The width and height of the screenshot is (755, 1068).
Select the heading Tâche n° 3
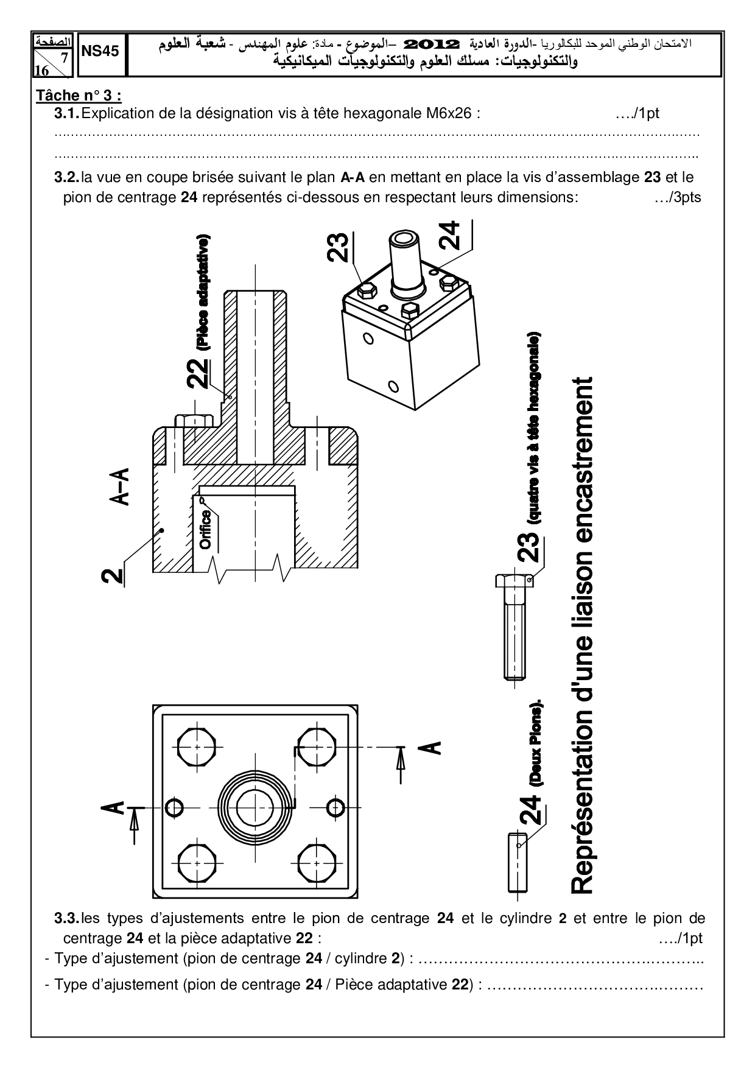click(79, 96)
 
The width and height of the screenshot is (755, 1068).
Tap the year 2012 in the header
click(430, 44)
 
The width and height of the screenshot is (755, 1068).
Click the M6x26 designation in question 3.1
click(450, 113)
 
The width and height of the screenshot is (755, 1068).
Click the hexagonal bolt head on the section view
click(194, 420)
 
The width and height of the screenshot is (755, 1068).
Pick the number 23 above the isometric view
click(339, 247)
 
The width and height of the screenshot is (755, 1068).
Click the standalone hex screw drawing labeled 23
click(515, 627)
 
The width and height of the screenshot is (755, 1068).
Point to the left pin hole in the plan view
click(174, 807)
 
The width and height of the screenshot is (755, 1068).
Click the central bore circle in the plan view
click(255, 807)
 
